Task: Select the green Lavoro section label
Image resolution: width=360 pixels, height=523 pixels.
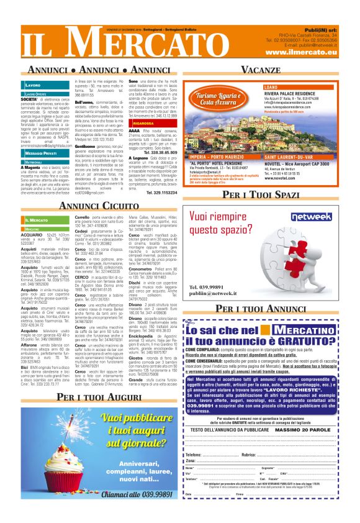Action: coord(34,84)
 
